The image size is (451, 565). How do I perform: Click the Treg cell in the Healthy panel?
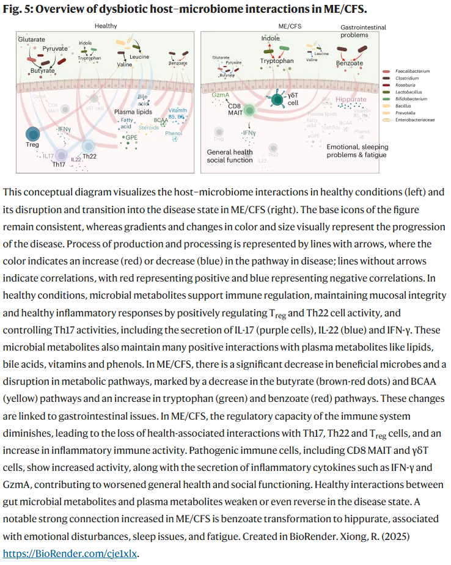coord(33,135)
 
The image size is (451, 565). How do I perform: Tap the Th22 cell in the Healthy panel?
coord(89,145)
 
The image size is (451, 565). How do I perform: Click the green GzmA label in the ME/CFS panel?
coord(221,96)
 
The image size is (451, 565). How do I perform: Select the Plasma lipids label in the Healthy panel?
coord(132,112)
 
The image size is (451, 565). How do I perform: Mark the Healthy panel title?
coord(106,26)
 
